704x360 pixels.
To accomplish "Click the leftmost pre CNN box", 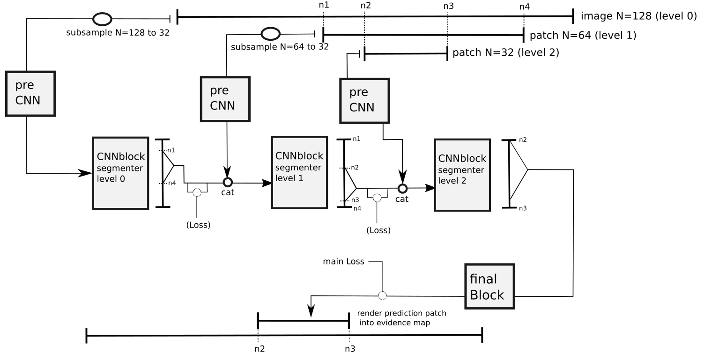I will point(30,94).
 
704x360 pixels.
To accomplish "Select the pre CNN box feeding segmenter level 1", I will point(225,99).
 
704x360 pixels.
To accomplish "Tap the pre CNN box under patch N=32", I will point(364,101).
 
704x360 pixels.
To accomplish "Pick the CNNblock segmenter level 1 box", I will point(299,172).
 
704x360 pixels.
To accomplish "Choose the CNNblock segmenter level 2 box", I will point(462,175).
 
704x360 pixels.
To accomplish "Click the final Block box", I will point(489,287).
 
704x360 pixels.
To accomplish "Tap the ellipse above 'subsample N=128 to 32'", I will point(102,19).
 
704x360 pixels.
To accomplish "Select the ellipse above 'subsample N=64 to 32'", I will point(270,34).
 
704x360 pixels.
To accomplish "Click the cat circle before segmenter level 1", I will point(228,183).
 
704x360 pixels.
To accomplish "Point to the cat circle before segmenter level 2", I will point(402,188).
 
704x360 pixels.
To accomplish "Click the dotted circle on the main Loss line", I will point(382,295).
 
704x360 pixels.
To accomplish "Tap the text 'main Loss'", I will point(343,262).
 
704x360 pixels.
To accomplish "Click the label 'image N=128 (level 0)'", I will point(639,16).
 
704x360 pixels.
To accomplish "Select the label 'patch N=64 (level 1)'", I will point(583,36).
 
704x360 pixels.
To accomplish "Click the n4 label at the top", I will point(525,7).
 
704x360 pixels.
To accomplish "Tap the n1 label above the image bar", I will point(324,5).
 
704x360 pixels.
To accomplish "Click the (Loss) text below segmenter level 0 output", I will point(198,225).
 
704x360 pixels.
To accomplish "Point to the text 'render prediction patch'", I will point(401,313).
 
